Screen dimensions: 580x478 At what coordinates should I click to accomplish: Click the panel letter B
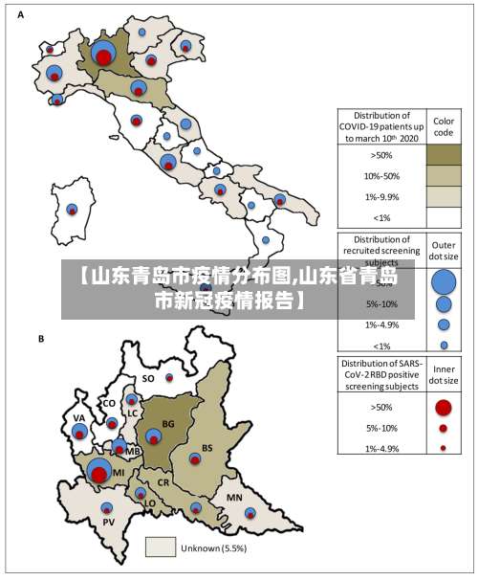point(41,339)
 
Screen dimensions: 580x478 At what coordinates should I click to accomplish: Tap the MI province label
point(119,472)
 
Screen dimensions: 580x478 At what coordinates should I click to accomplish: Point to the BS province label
point(207,447)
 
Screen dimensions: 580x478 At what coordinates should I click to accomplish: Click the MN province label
point(233,498)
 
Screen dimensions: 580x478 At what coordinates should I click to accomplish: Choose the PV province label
point(108,522)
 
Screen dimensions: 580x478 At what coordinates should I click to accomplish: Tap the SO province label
point(148,378)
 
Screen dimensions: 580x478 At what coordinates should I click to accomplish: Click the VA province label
point(79,418)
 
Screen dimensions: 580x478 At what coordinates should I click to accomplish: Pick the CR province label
point(163,483)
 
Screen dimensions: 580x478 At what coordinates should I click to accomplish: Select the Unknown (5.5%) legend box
point(161,547)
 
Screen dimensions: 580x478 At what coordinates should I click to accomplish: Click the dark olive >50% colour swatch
point(444,154)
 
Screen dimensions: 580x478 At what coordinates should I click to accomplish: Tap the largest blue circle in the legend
point(444,281)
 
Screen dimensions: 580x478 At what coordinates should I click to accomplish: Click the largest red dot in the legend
point(443,407)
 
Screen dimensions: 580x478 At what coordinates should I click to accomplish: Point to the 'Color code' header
point(444,127)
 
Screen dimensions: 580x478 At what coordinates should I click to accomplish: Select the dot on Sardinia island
point(72,209)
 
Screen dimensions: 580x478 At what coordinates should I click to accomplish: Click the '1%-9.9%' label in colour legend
point(382,197)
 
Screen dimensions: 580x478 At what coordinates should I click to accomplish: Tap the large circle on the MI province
point(98,471)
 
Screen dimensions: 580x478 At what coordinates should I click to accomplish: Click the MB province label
point(133,451)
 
